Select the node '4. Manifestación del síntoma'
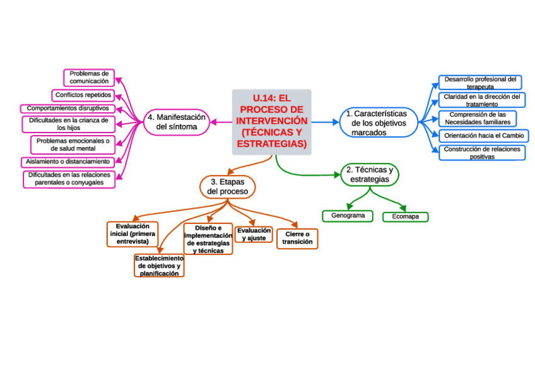pos(177,122)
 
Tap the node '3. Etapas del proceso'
pos(228,186)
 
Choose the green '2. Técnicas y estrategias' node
pos(370,175)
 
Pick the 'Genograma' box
pos(348,216)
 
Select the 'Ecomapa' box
pos(405,216)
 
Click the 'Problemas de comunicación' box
pos(89,77)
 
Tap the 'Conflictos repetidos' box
pos(83,95)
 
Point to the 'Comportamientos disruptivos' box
pos(68,109)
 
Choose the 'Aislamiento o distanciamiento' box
pos(68,162)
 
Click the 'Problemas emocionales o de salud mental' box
pos(73,145)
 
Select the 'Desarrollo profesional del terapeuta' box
pos(480,83)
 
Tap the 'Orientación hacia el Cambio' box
pos(483,136)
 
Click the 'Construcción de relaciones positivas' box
pos(482,153)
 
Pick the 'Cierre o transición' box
pos(297,238)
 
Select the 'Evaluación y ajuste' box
pos(254,234)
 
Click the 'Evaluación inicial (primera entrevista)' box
pos(132,233)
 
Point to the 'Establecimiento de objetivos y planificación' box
pos(159,266)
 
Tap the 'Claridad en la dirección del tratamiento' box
pos(481,100)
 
